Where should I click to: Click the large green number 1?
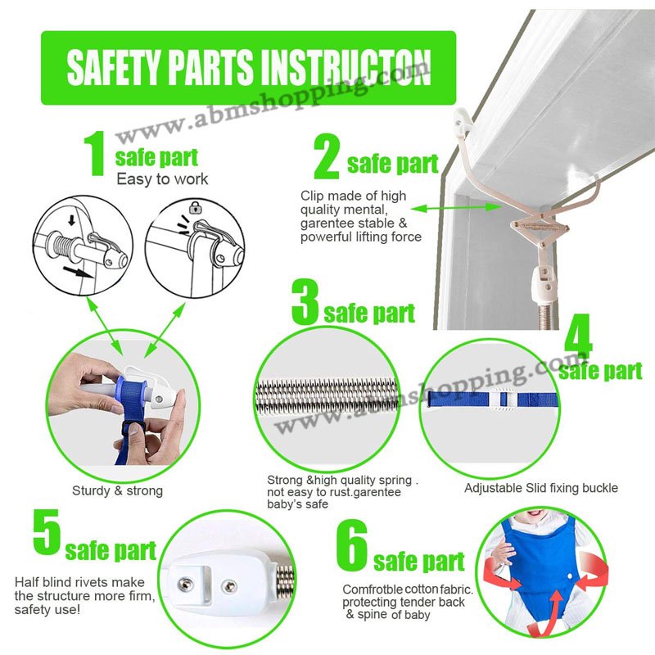95,153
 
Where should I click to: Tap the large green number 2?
327,156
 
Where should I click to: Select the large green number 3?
305,302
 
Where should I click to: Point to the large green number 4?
578,339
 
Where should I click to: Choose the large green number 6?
352,544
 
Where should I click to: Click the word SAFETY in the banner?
114,67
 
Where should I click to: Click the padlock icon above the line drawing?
194,207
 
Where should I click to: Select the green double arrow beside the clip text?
456,207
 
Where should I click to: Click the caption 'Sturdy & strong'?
117,490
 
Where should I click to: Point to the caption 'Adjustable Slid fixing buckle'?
541,488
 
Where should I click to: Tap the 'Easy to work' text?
162,179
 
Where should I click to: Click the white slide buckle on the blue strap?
504,400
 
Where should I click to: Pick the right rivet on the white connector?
230,586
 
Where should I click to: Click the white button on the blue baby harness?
570,576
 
